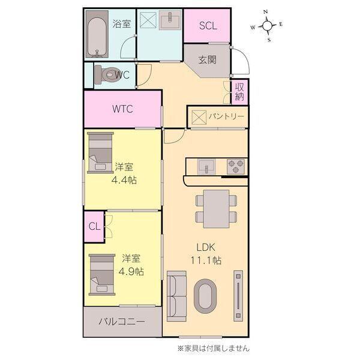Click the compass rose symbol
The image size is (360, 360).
tap(267, 25)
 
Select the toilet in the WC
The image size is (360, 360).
tap(109, 75)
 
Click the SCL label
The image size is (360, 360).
tap(208, 26)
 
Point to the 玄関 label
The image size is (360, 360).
tap(208, 60)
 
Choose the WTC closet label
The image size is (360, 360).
tap(122, 109)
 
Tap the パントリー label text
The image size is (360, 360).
tap(226, 116)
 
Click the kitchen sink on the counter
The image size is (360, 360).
tap(206, 166)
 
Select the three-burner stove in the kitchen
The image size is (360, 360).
tap(235, 166)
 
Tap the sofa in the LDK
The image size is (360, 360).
tap(176, 294)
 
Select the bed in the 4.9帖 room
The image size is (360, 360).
tap(101, 274)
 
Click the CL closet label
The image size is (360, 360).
tap(94, 226)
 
